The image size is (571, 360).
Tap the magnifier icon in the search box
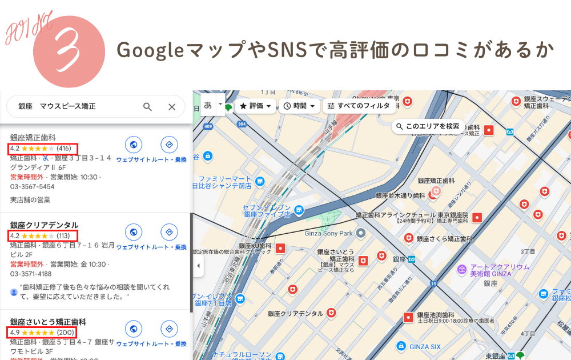[147, 107]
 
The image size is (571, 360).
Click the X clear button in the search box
[172, 107]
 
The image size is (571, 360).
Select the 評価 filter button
[255, 106]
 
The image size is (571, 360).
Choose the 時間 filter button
[299, 106]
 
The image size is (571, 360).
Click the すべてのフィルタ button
[357, 106]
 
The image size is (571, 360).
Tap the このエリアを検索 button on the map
[428, 126]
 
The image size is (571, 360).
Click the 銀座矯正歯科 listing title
[33, 138]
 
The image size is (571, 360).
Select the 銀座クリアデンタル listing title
[44, 225]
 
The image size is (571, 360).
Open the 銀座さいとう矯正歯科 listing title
[48, 322]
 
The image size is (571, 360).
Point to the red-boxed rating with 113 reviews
[42, 235]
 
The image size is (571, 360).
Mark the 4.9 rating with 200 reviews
[42, 333]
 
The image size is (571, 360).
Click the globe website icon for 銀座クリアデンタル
[133, 232]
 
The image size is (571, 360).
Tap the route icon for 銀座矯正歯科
[168, 145]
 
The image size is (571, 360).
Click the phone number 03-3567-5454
[33, 187]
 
